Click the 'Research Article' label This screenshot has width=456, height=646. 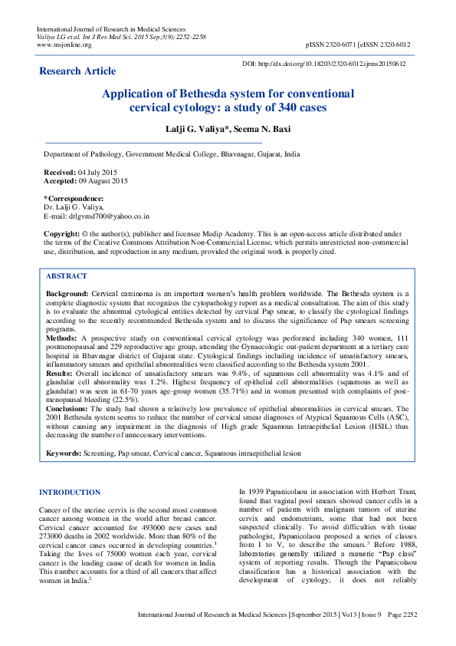[77, 71]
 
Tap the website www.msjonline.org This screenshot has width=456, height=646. [64, 44]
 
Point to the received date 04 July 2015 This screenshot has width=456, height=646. [97, 173]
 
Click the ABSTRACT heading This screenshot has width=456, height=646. [67, 275]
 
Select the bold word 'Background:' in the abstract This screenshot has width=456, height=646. [67, 294]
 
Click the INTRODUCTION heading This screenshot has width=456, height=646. [69, 492]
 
